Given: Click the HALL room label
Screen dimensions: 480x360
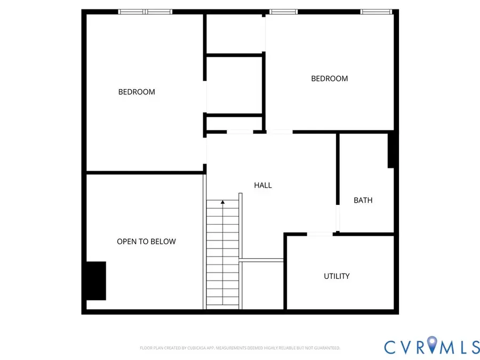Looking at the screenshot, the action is [x=262, y=185].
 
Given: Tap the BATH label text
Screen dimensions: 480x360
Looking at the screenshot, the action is [x=363, y=200].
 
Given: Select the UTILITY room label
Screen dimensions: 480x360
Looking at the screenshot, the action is [x=337, y=276].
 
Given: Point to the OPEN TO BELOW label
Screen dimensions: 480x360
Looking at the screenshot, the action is [x=146, y=242].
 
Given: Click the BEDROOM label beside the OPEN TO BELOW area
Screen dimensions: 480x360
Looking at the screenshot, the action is [x=137, y=92].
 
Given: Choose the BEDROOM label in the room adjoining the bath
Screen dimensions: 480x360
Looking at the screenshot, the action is [x=330, y=79].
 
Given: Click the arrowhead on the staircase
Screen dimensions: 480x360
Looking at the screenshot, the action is [x=222, y=202].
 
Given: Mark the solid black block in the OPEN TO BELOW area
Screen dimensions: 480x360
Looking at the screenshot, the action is [x=96, y=281].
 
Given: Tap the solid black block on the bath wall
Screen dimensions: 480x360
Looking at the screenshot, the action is [x=390, y=150].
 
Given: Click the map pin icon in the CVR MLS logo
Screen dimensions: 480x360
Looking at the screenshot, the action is [x=432, y=344].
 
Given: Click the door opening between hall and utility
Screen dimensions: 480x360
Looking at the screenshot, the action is [x=319, y=234].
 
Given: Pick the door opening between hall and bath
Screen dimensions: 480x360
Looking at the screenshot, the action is [x=338, y=218].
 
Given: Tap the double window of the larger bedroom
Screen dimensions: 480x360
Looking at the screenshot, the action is [x=146, y=12].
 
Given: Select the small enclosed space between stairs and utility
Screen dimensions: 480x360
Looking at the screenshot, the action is [x=262, y=285].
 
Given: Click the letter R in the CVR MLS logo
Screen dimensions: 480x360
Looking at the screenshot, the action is [x=419, y=347].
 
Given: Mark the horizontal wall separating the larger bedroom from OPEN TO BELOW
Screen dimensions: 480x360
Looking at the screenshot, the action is [x=145, y=173].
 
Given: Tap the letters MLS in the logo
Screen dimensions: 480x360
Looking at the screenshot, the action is [x=460, y=347].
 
